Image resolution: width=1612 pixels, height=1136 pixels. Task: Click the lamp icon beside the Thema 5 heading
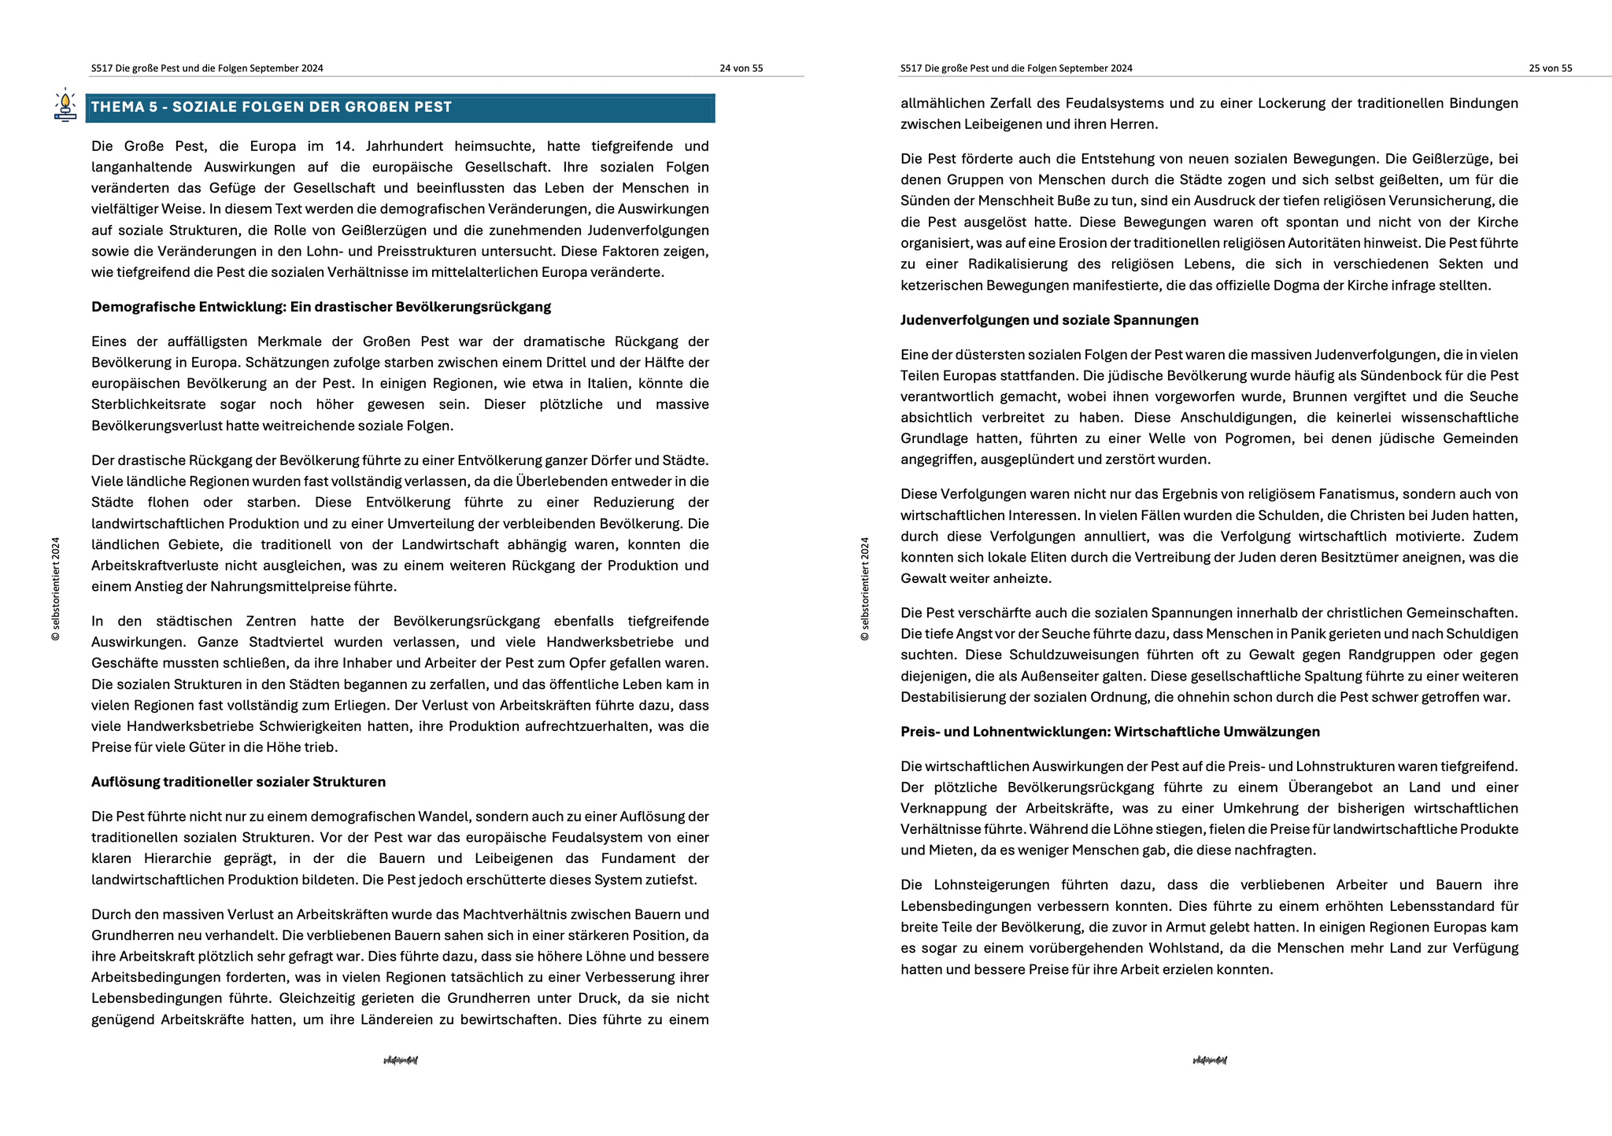click(x=65, y=106)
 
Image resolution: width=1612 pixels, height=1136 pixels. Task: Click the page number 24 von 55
click(x=741, y=68)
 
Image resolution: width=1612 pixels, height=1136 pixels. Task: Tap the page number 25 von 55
click(x=1550, y=68)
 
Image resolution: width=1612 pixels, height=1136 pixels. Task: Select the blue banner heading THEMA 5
click(x=400, y=108)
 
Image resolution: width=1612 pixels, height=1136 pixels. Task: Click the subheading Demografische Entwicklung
click(x=320, y=307)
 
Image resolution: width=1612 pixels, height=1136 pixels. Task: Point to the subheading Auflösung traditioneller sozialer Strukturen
click(x=238, y=782)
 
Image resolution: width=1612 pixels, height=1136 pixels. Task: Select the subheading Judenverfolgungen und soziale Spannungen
click(x=1049, y=320)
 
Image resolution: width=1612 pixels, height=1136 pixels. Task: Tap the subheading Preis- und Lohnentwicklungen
click(x=1110, y=732)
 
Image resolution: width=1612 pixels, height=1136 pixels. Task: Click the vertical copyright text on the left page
click(x=56, y=588)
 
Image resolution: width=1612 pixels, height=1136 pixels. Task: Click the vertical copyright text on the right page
click(x=865, y=588)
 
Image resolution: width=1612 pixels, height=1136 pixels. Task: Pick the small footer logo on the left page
click(x=401, y=1060)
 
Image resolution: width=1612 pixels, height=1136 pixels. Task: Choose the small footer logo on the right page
click(x=1210, y=1060)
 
